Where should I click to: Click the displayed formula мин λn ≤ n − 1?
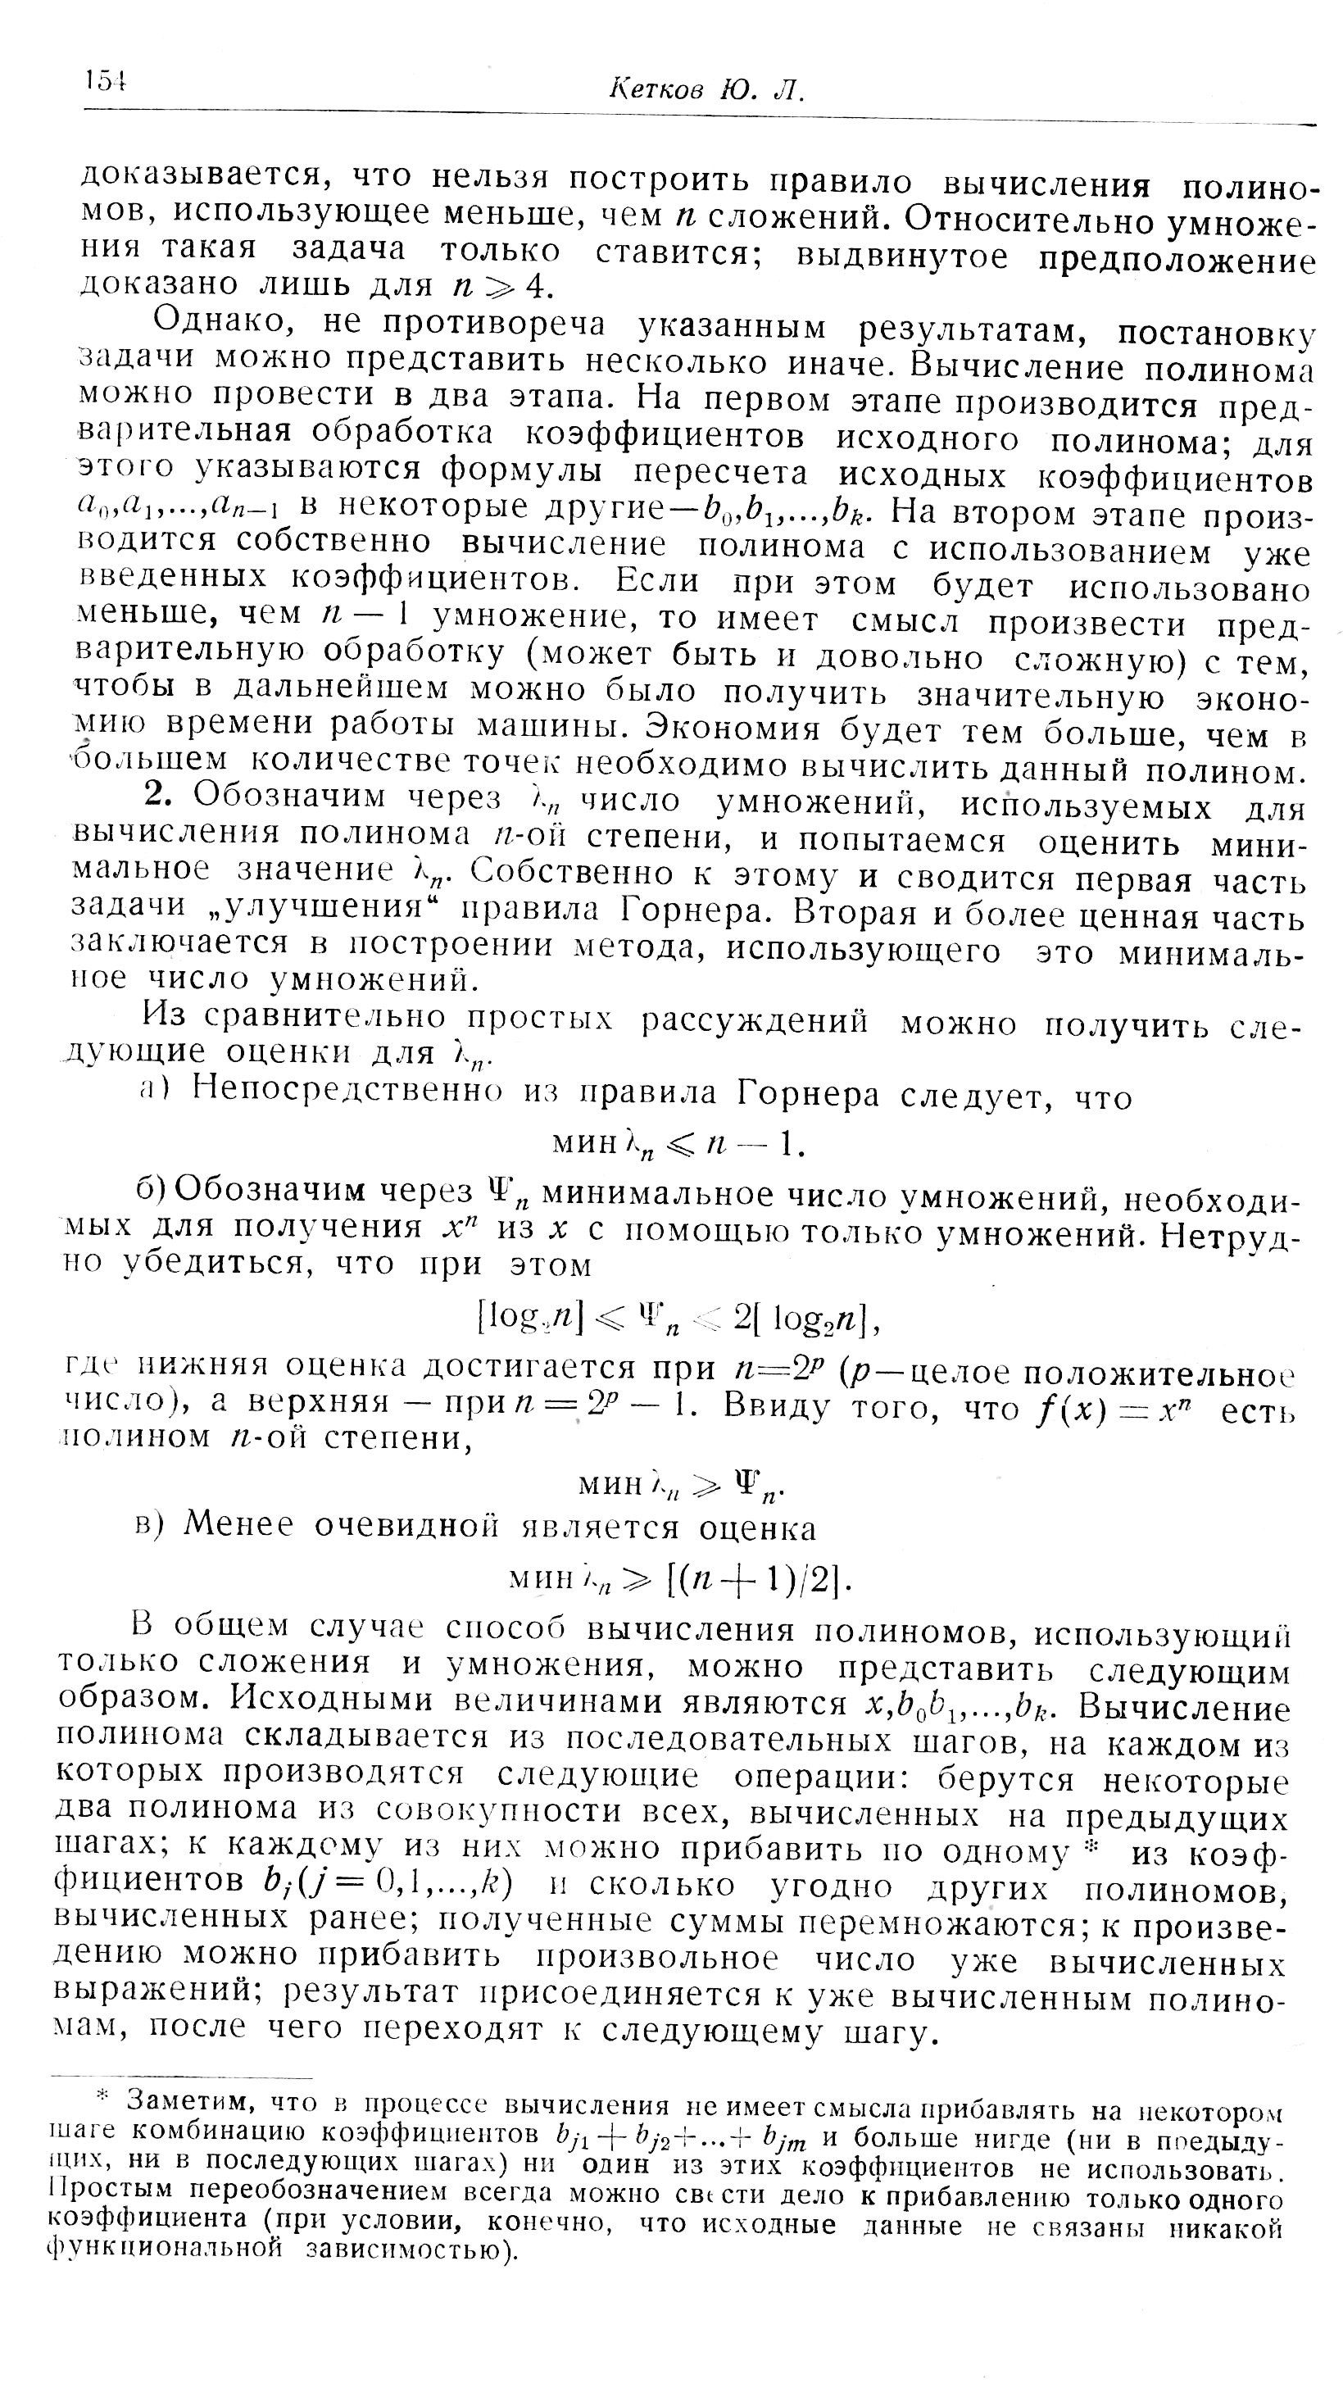coord(678,1147)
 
